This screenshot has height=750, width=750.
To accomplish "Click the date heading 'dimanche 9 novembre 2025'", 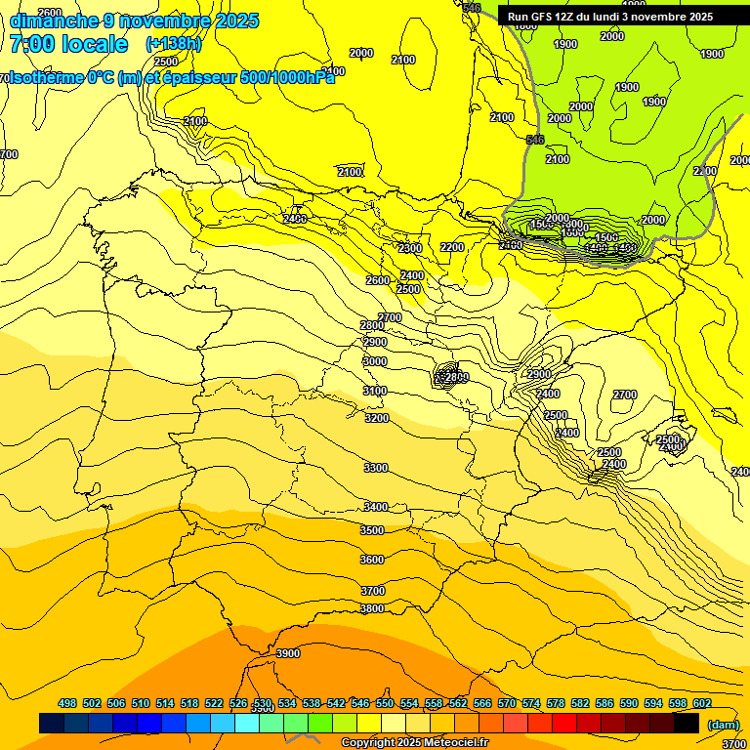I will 134,21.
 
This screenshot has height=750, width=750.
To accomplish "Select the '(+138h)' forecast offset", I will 173,44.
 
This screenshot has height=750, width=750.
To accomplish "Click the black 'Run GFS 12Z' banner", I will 610,17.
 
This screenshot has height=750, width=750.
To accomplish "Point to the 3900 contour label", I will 288,653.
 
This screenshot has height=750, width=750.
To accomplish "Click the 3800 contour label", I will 372,608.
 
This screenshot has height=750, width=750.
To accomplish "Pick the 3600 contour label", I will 372,560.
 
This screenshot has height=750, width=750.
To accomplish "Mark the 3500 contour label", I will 372,530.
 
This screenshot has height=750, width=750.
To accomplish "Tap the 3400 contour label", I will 375,507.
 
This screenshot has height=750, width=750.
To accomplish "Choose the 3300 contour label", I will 375,469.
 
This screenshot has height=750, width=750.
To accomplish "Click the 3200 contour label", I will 376,418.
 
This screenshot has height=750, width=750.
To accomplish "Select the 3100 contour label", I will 375,391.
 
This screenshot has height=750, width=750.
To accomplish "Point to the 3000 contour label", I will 374,361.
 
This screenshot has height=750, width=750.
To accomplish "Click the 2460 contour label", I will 295,219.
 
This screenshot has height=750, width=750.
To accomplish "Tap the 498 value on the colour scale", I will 67,703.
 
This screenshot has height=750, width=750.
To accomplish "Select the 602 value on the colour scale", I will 702,703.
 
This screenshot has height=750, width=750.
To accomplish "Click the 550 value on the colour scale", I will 385,703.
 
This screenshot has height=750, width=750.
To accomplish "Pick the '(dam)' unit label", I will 723,724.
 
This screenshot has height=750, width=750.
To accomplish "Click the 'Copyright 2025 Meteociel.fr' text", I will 414,742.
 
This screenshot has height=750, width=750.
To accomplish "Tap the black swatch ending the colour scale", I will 687,723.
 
